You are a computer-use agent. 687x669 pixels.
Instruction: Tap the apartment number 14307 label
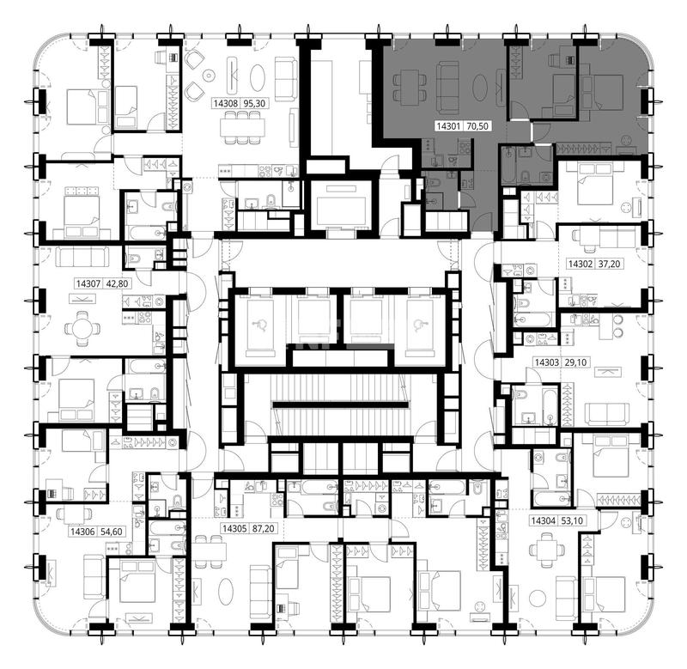[88, 284]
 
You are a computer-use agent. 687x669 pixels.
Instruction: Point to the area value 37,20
[608, 265]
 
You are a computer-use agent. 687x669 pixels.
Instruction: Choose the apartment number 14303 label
[547, 362]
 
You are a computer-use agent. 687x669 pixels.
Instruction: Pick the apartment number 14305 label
[234, 529]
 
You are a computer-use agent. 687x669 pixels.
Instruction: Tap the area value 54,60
[111, 532]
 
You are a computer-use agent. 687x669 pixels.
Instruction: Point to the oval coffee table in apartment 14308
[258, 78]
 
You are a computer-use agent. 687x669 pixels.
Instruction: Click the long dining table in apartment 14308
[243, 127]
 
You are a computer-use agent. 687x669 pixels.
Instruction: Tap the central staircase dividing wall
[340, 404]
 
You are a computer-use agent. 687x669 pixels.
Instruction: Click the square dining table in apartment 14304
[546, 550]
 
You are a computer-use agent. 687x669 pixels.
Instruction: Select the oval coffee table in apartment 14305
[227, 587]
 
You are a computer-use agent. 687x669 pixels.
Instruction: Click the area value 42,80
[117, 284]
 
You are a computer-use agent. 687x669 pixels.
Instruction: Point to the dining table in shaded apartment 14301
[410, 87]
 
